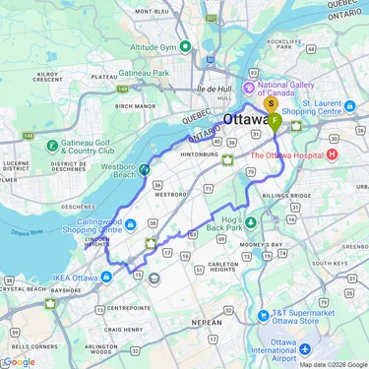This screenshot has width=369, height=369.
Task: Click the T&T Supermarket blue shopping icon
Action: tap(262, 316)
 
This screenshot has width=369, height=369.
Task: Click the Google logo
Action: tap(19, 360)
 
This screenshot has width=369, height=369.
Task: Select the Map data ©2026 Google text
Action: tap(333, 364)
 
